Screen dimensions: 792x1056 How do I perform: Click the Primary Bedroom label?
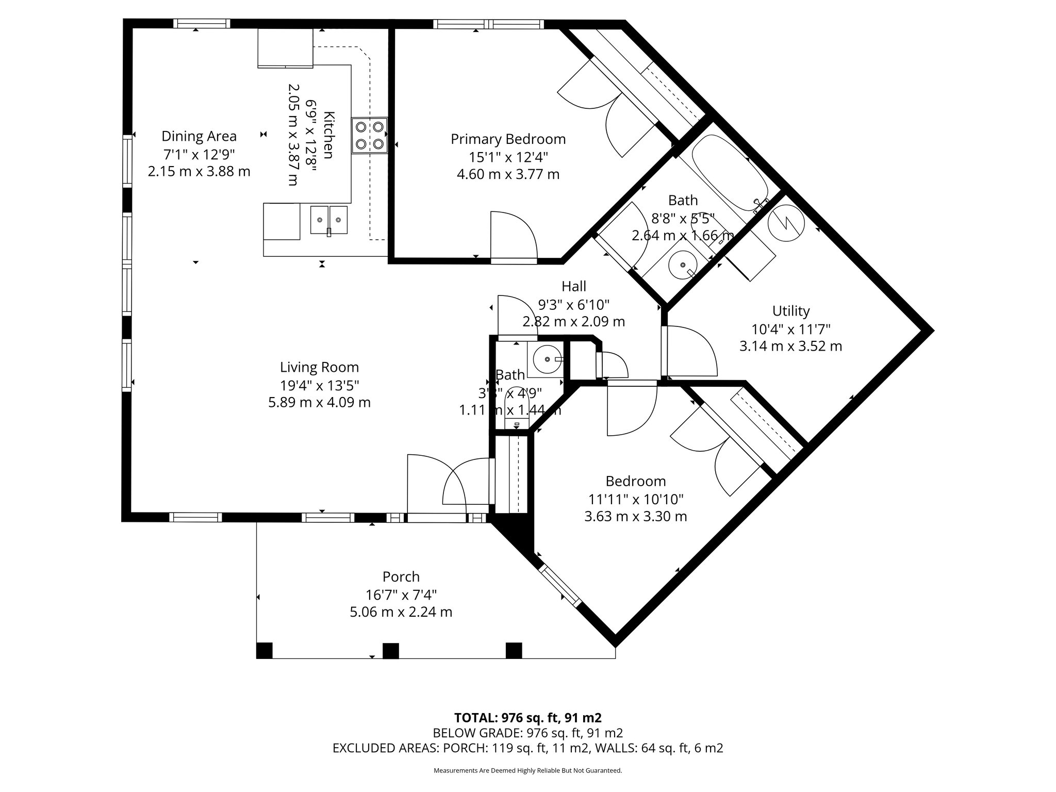508,139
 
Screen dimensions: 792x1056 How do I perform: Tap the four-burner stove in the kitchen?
369,136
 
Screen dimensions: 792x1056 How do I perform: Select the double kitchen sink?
329,220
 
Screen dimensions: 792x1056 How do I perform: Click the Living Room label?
319,367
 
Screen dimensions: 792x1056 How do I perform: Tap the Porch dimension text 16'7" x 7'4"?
401,595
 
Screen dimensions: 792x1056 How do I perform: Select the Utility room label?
790,311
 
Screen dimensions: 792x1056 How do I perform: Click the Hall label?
573,286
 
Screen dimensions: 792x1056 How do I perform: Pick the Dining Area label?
199,136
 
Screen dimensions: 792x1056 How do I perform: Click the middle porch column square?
390,651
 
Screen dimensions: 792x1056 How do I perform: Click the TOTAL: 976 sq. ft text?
527,718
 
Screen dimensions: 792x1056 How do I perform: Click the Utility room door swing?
691,351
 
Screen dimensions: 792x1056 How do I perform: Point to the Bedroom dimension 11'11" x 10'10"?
636,499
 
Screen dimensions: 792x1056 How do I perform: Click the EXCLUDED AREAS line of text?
527,748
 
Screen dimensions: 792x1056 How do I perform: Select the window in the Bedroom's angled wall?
560,586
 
